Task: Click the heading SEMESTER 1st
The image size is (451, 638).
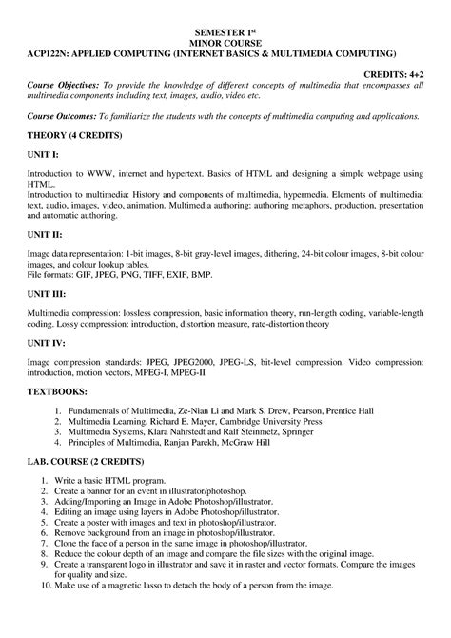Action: (x=226, y=32)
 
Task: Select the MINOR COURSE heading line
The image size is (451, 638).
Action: (x=226, y=43)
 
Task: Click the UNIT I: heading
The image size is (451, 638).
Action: (x=42, y=155)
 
